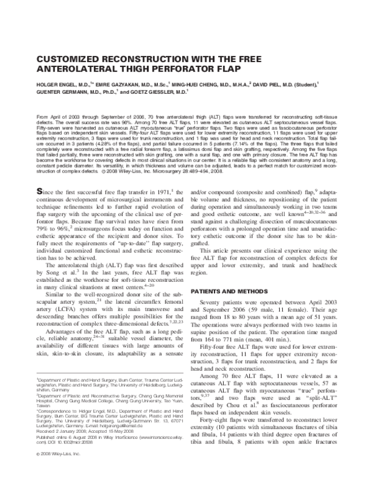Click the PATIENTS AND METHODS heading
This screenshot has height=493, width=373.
[x=228, y=291]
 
